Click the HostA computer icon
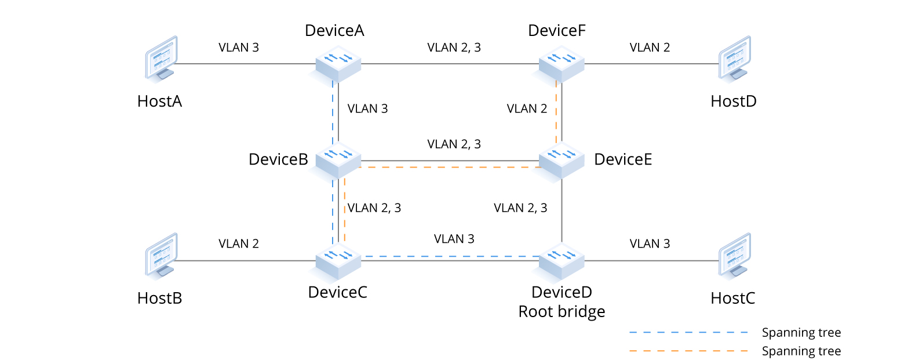(x=160, y=58)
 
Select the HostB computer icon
(x=160, y=255)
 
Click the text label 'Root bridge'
(x=562, y=312)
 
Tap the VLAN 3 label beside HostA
(x=238, y=48)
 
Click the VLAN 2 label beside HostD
(x=650, y=48)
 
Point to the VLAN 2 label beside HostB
(x=238, y=243)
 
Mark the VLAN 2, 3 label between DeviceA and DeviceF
(x=454, y=48)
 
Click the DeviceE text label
(x=623, y=159)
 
